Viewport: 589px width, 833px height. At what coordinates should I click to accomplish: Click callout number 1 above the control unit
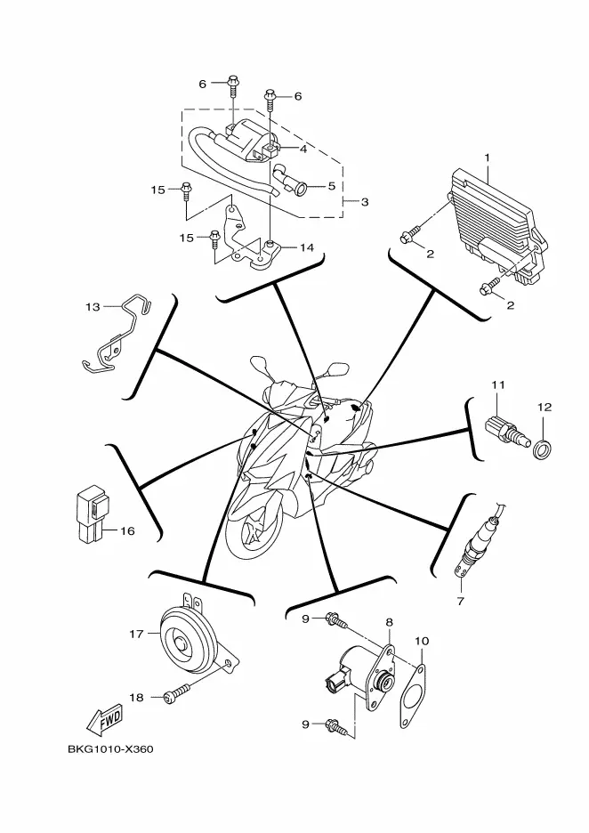(487, 158)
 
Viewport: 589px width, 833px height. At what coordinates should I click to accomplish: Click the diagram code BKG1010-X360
(110, 748)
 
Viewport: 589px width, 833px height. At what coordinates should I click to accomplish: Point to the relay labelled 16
(88, 514)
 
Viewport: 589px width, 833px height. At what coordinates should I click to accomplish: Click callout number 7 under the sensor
(461, 602)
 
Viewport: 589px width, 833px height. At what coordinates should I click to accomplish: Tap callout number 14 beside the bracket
(307, 247)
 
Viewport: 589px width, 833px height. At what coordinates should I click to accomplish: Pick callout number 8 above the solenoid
(390, 622)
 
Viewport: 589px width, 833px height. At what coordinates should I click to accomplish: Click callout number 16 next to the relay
(127, 531)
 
